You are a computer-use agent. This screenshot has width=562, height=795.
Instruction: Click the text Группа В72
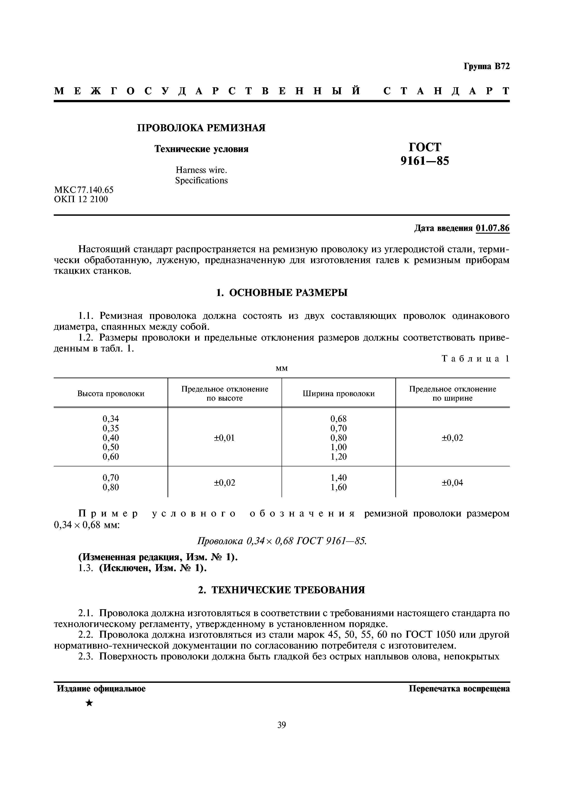tap(487, 66)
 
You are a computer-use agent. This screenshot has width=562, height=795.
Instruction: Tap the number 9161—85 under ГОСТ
tap(425, 161)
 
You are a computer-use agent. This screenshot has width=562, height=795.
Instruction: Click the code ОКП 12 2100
tap(81, 199)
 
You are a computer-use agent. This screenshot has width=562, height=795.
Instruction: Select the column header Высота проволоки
tap(111, 394)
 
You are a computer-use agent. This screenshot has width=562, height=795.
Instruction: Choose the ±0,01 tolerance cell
tap(224, 438)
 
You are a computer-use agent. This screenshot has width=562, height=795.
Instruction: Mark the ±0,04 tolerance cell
tap(452, 483)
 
